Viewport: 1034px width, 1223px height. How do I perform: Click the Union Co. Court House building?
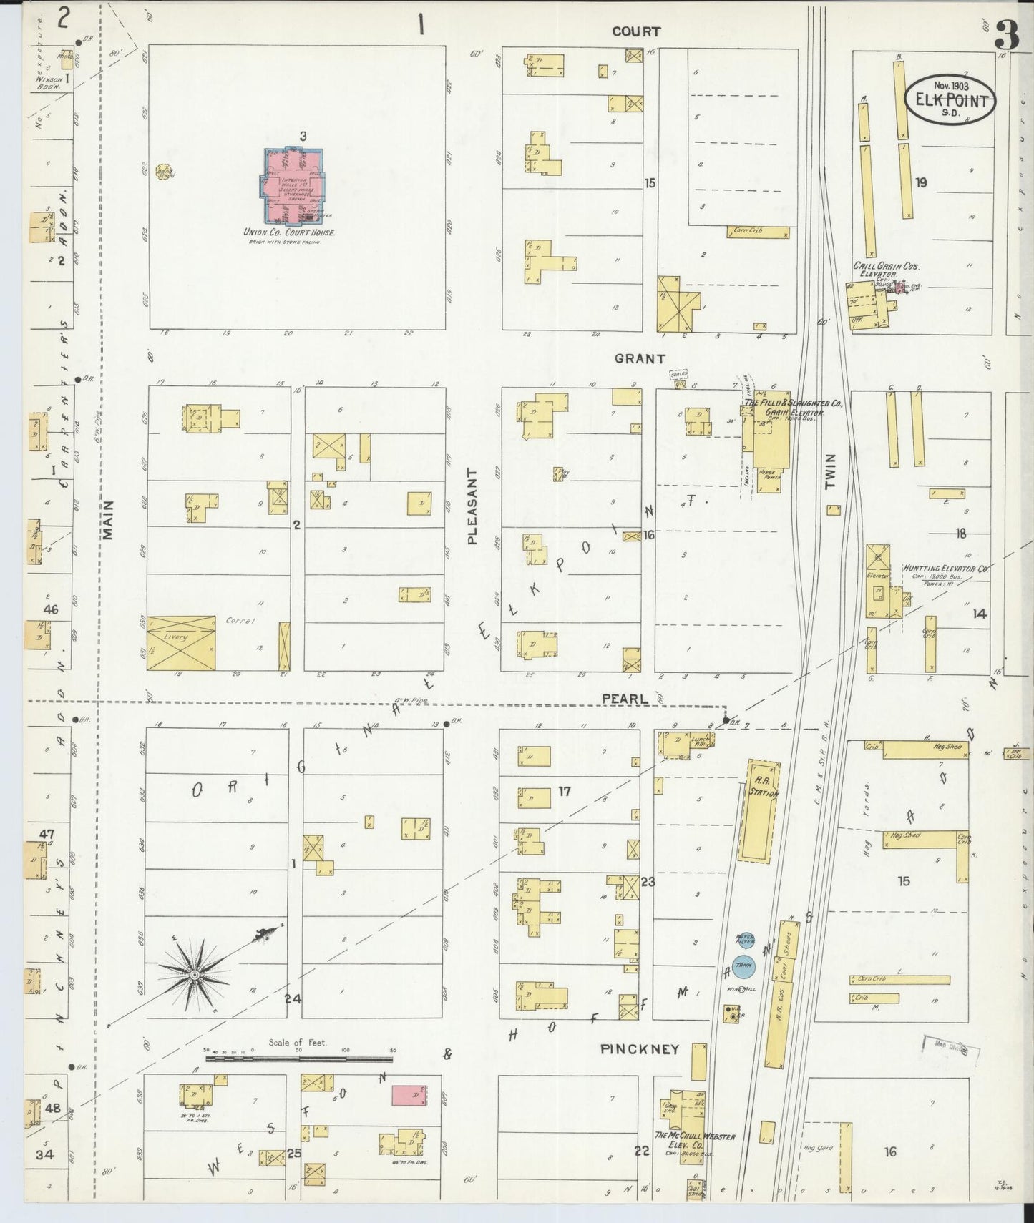coord(291,186)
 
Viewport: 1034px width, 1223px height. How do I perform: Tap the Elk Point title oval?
coord(950,100)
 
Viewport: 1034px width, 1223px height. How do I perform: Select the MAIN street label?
coord(109,519)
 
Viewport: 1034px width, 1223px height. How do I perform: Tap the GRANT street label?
coord(639,359)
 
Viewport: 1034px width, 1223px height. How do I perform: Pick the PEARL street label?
coord(625,699)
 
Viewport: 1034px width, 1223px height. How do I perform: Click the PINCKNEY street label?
coord(639,1050)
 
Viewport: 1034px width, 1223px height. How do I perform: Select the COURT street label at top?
coord(635,31)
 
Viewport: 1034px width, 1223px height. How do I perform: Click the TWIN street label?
coord(830,472)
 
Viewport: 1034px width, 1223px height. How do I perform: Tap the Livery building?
coord(180,642)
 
